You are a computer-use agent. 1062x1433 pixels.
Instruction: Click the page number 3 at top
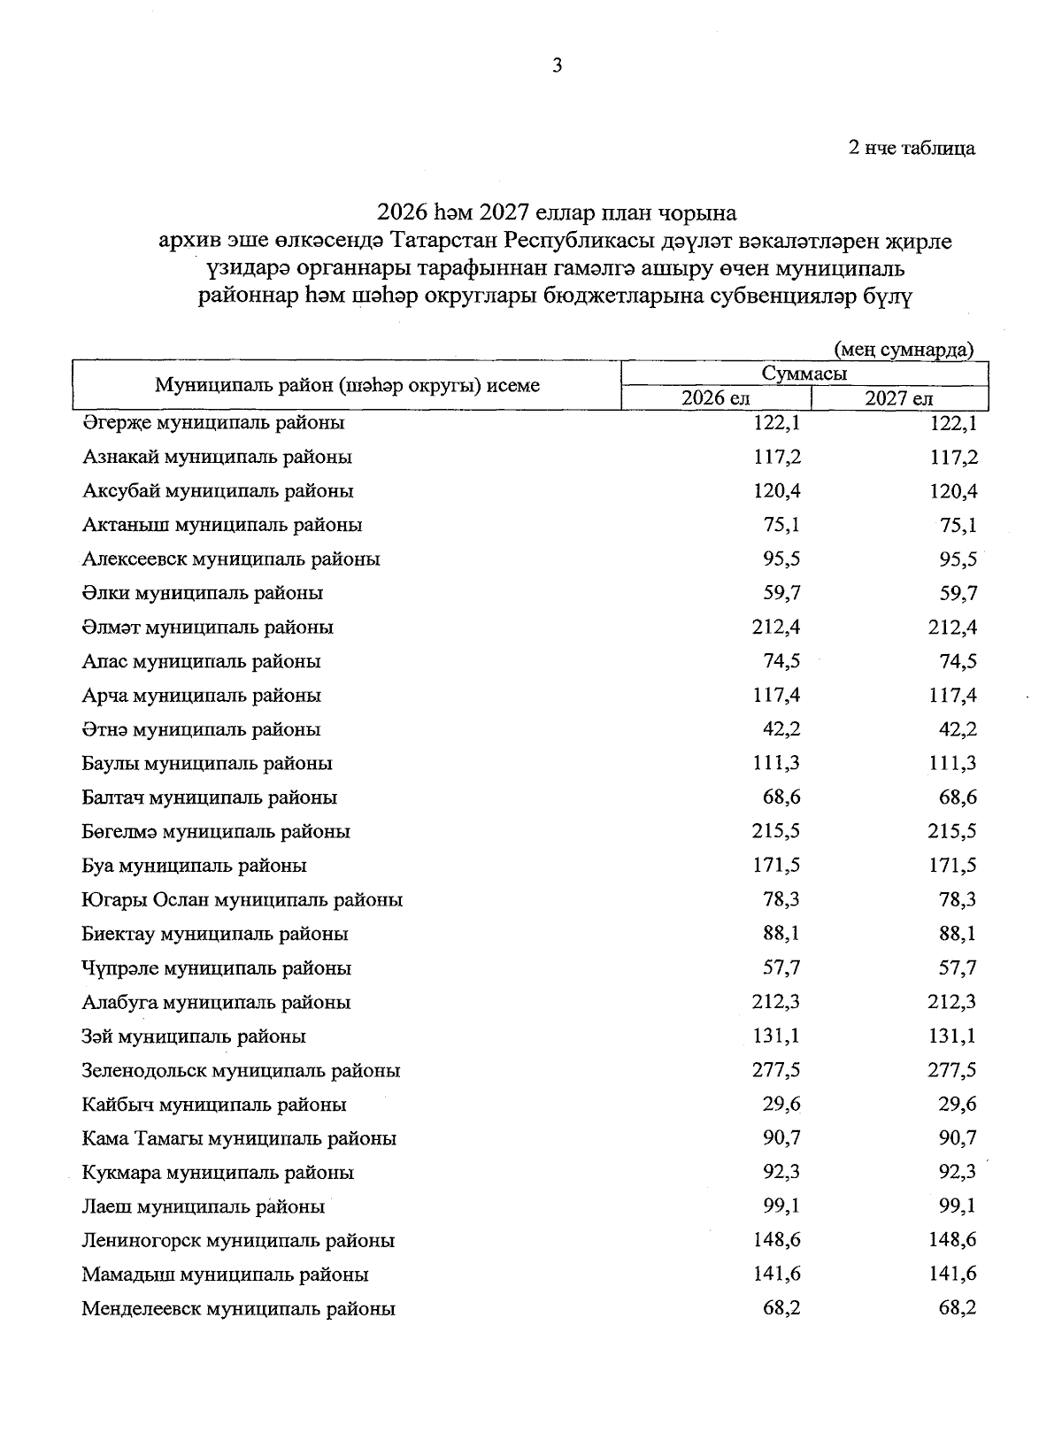557,65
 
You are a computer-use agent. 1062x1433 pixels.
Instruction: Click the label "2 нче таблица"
912,149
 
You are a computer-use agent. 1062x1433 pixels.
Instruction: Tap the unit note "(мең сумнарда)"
904,350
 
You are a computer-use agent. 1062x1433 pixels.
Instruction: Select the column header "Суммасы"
804,374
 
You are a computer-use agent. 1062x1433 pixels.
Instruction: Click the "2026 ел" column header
715,399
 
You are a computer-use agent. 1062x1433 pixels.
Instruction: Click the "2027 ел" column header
898,399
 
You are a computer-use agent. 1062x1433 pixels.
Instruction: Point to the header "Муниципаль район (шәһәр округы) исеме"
347,386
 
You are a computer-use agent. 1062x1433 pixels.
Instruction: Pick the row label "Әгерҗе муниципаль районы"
213,423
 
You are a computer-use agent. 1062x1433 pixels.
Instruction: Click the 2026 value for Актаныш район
781,525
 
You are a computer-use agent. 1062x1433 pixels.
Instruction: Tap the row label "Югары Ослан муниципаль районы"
242,900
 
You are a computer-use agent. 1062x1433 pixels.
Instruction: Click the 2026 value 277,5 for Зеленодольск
777,1071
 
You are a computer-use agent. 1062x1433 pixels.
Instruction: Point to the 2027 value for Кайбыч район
958,1105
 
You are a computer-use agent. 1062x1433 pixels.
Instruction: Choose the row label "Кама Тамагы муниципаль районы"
239,1139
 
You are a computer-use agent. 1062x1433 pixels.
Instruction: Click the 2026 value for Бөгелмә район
777,832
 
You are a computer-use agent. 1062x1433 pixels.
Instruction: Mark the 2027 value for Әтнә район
958,729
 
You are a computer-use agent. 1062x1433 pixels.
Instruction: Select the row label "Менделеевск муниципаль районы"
238,1309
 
